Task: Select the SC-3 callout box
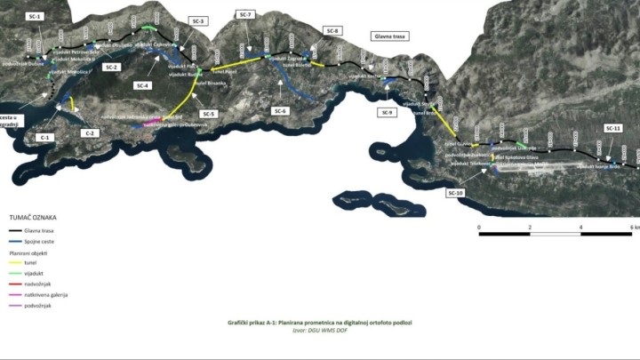tap(198, 20)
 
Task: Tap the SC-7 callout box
tap(246, 15)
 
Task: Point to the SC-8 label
tap(333, 31)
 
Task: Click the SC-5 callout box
tap(209, 114)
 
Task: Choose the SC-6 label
tap(280, 111)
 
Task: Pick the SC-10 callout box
tap(456, 192)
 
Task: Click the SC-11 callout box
tap(613, 129)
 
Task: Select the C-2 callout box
tap(91, 132)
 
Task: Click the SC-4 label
tap(142, 85)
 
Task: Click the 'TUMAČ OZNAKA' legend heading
tap(33, 216)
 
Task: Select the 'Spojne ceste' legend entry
tap(41, 240)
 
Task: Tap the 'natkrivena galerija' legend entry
tap(46, 294)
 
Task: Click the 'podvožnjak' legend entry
tap(39, 305)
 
